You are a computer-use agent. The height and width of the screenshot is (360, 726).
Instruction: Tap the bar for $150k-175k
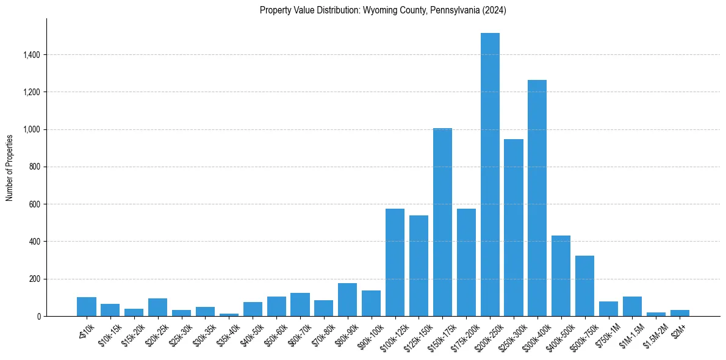click(442, 222)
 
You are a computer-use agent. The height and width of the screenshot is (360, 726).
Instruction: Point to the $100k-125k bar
click(395, 262)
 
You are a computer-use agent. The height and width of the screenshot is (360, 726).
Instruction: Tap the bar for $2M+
click(680, 313)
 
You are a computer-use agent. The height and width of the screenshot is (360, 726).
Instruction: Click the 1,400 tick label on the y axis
click(32, 55)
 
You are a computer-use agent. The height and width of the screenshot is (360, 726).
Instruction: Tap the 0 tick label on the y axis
click(39, 316)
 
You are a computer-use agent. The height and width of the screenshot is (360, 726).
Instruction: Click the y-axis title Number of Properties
click(10, 167)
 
